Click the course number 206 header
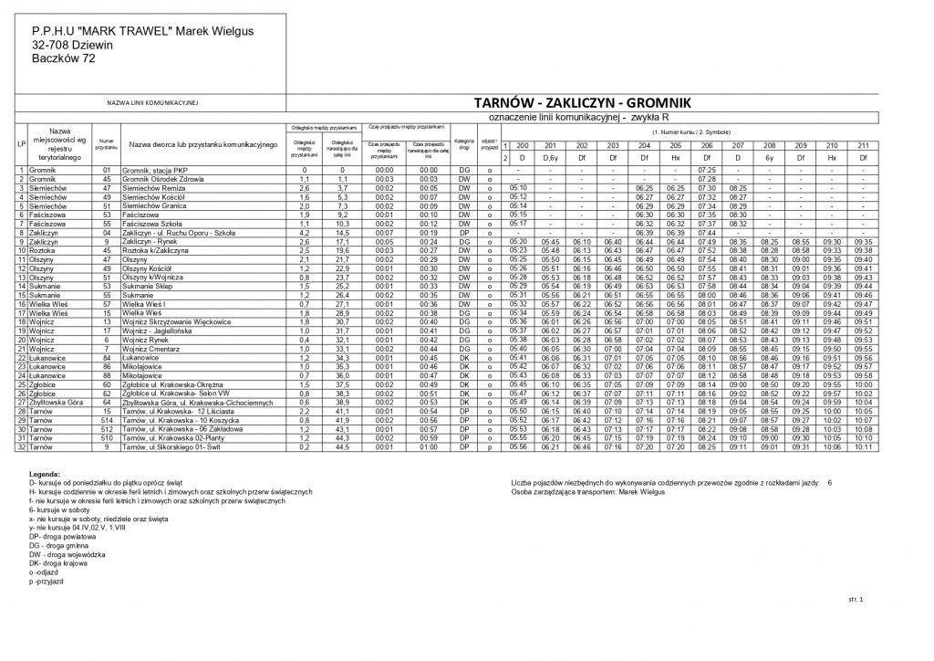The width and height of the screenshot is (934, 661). [x=706, y=146]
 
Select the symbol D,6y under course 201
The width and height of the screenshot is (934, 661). [x=550, y=158]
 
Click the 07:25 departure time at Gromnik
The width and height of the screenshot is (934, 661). [x=706, y=170]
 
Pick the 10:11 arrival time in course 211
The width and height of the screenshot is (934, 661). [x=863, y=446]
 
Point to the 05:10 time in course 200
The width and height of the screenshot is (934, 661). [x=519, y=188]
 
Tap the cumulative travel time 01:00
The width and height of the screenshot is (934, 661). [x=428, y=446]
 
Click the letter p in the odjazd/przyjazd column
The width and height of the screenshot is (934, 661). [x=490, y=446]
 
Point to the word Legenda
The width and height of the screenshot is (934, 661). [x=45, y=474]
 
